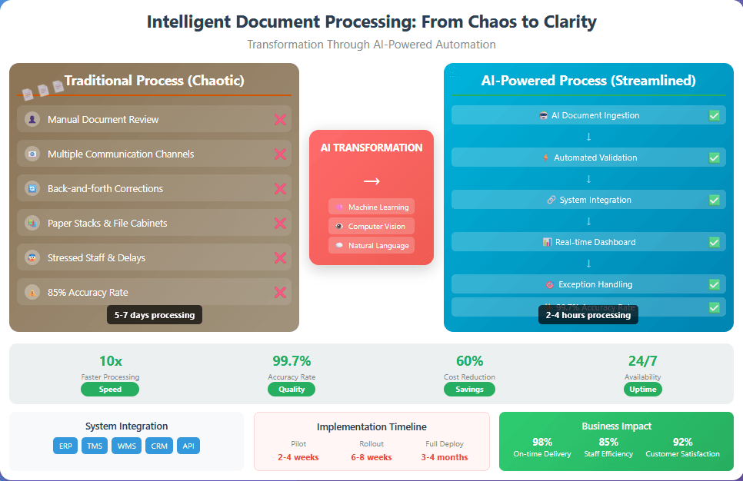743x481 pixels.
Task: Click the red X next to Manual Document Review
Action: point(280,119)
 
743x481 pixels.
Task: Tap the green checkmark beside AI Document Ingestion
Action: point(714,115)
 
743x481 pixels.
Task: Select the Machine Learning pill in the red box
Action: point(371,207)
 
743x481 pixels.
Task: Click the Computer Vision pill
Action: point(371,226)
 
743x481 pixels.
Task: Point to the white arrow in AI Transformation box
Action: point(371,181)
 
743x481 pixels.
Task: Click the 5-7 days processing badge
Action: point(155,315)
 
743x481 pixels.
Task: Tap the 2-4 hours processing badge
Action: point(588,315)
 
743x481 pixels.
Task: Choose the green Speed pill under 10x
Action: point(110,389)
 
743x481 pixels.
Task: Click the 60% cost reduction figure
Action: point(469,361)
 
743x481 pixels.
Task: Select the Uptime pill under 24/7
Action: point(643,389)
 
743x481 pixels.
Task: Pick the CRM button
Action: point(159,446)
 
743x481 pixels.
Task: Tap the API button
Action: point(188,446)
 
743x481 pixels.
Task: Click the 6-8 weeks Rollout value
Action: point(371,457)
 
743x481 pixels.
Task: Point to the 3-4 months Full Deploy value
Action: point(445,457)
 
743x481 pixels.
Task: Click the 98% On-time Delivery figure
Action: point(542,442)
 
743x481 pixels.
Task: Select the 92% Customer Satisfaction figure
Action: point(683,442)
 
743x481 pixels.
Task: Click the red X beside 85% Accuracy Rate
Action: point(280,292)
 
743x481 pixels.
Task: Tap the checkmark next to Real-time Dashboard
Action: point(714,242)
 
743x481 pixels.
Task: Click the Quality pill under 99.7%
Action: point(292,389)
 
